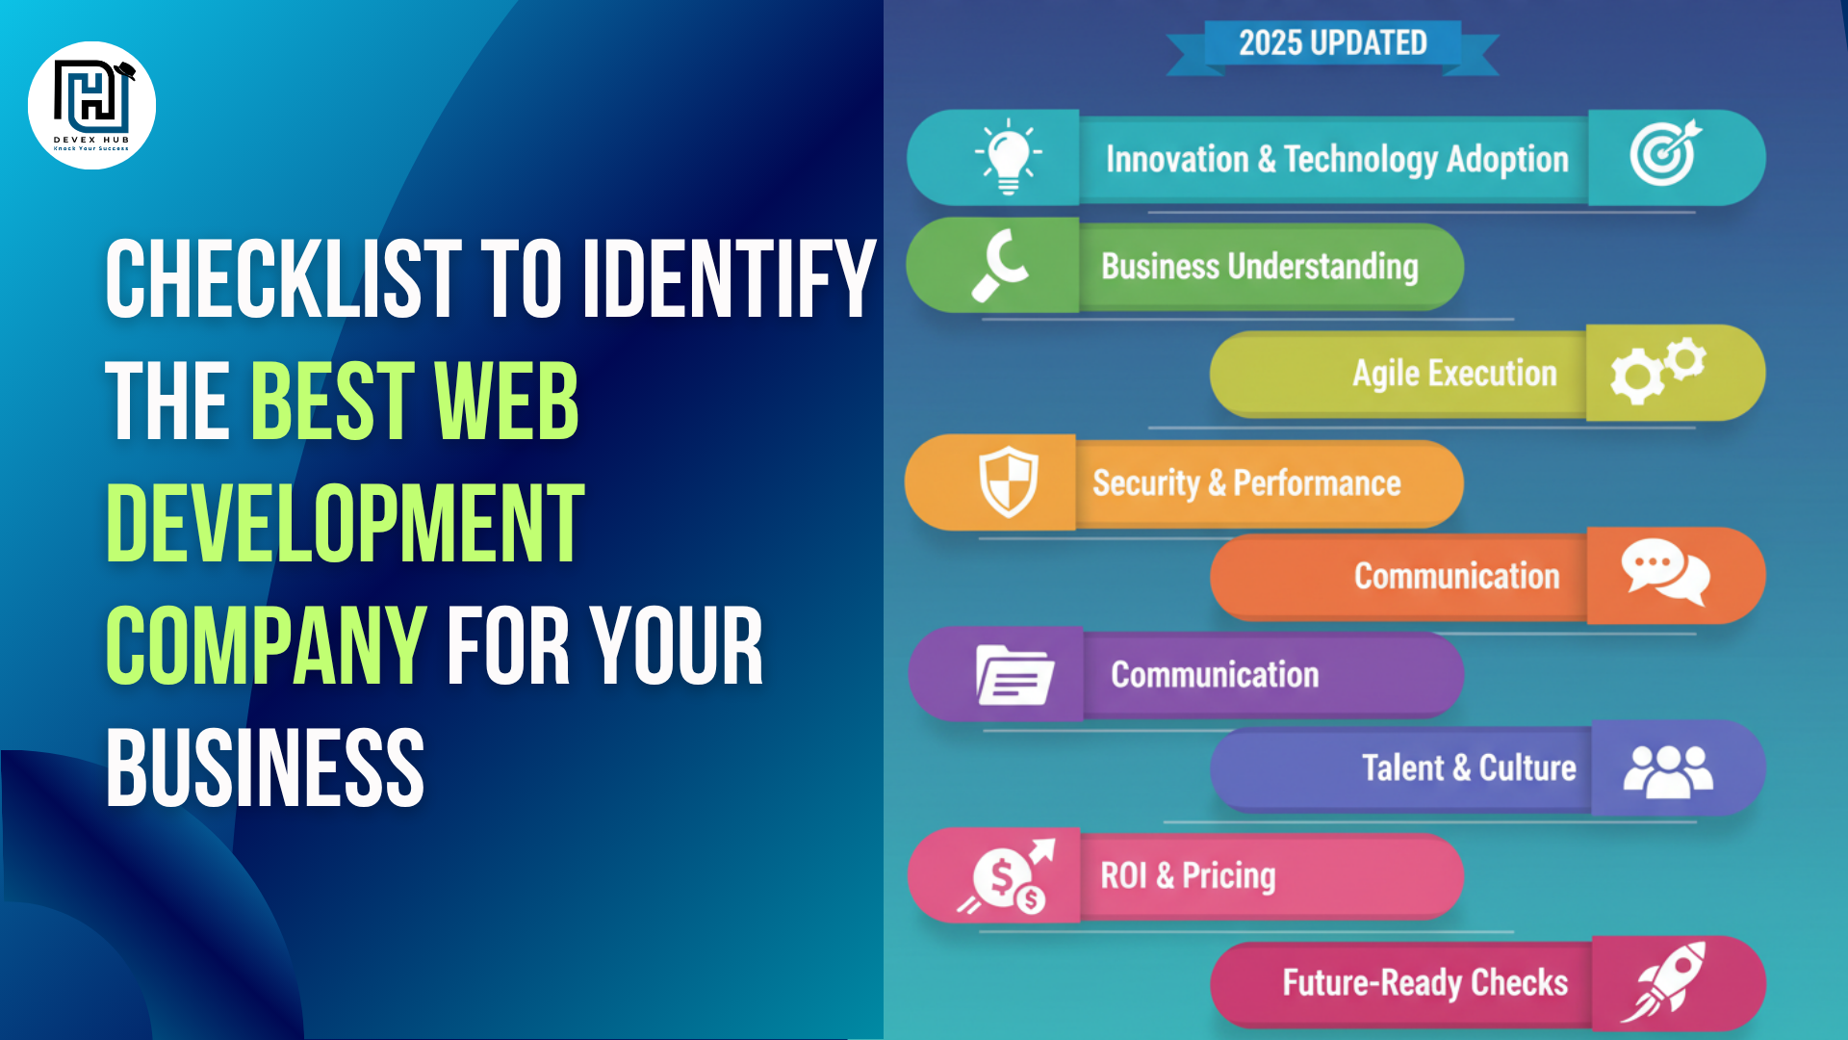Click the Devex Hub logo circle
(91, 105)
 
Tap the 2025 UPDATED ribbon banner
(1332, 43)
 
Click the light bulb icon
(1008, 156)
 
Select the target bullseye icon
(1664, 154)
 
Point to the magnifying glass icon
(1002, 265)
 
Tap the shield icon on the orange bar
(1008, 481)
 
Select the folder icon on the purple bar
(1014, 675)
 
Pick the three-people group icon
(1668, 771)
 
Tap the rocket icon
(1664, 981)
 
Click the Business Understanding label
(1259, 267)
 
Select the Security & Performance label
(1246, 482)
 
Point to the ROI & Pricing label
(1188, 875)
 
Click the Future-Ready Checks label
(1424, 982)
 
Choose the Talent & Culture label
(1469, 767)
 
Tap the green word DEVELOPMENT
(345, 524)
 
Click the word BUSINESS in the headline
(265, 768)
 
